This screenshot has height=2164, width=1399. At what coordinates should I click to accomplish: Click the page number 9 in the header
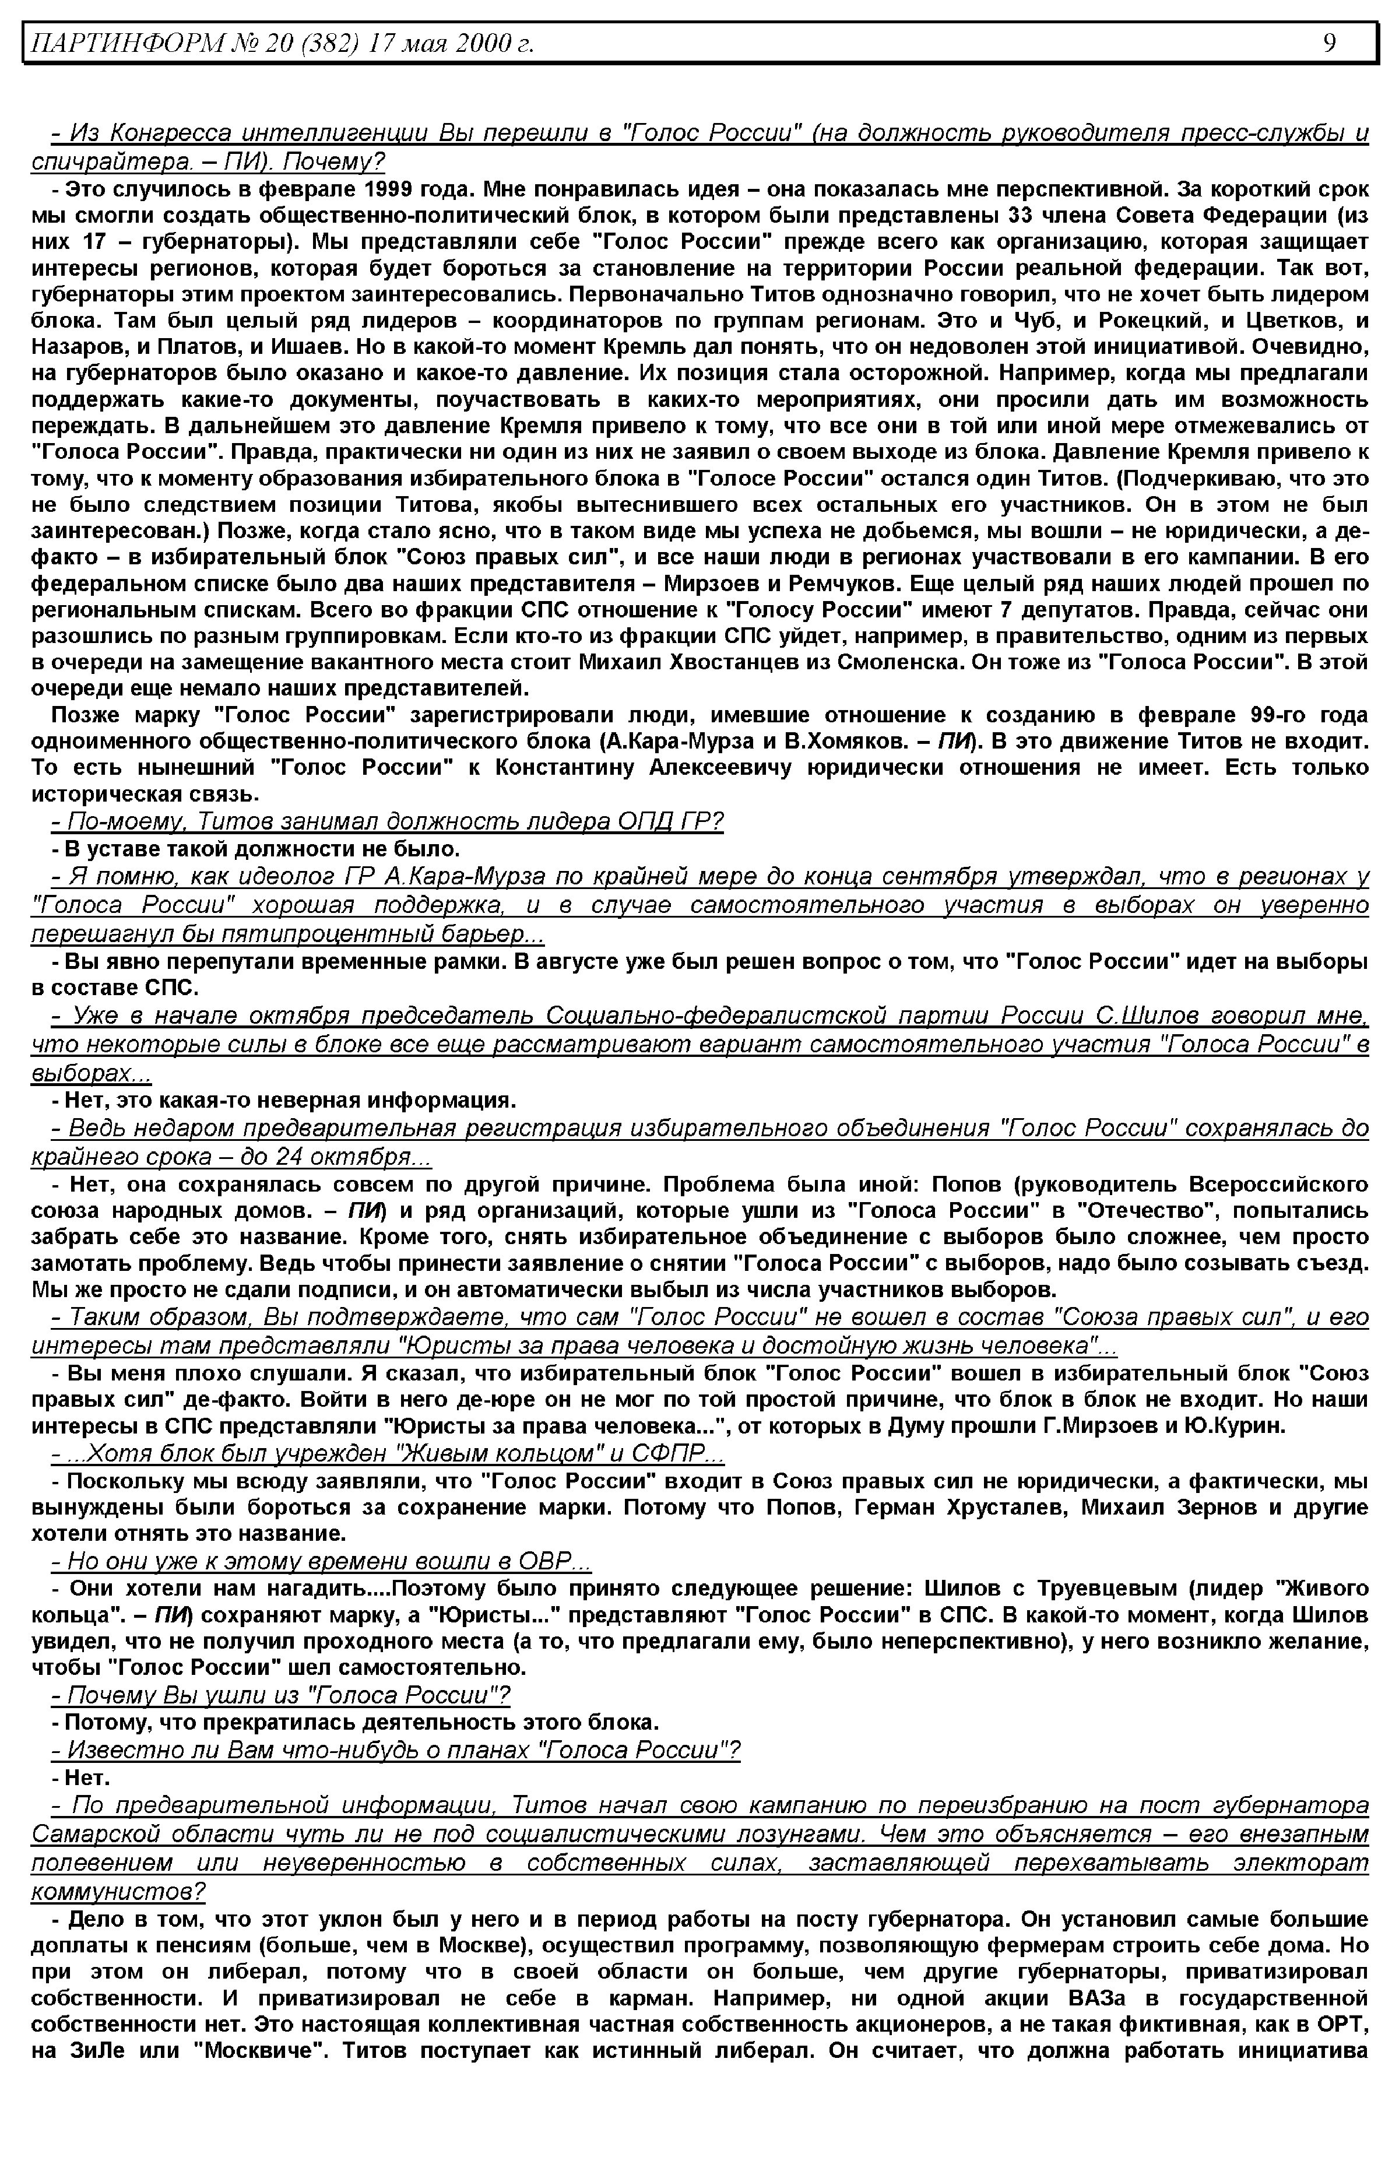coord(1329,43)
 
